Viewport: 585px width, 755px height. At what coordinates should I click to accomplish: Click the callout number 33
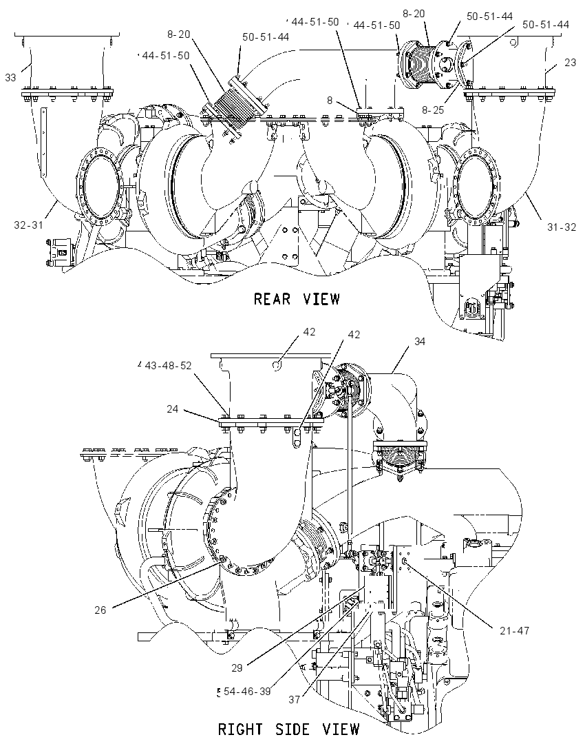click(x=10, y=78)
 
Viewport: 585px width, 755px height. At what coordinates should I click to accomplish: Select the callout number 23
click(x=570, y=63)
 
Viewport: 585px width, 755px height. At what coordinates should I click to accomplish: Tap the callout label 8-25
click(x=433, y=110)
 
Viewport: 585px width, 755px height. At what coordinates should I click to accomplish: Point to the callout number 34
click(x=420, y=342)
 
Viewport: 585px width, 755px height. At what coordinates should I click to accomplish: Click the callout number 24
click(x=172, y=408)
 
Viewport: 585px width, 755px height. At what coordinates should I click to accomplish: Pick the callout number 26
click(x=100, y=610)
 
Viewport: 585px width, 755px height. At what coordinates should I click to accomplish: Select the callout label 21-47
click(x=514, y=630)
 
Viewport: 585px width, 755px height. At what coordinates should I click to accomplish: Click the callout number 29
click(x=237, y=668)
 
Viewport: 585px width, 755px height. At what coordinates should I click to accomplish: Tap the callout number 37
click(x=295, y=700)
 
